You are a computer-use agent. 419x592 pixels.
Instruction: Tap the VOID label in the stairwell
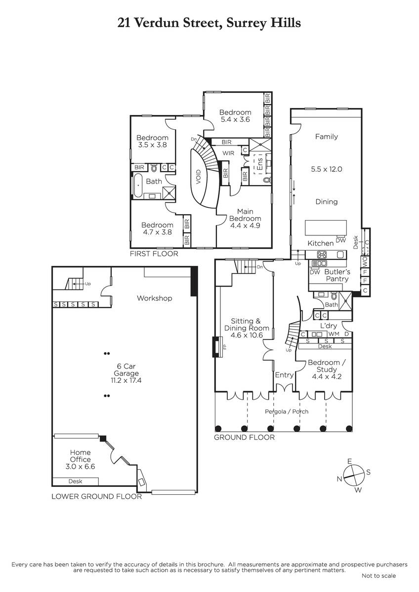(198, 177)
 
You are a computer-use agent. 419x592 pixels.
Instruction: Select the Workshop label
(155, 298)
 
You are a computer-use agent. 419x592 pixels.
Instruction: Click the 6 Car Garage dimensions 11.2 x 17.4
(126, 380)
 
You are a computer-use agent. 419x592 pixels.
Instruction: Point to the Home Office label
(80, 456)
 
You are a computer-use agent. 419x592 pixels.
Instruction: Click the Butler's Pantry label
(337, 275)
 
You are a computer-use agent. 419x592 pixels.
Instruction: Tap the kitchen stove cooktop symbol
(322, 255)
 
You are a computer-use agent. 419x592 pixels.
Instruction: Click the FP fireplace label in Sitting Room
(225, 347)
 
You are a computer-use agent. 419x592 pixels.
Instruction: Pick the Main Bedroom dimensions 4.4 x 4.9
(245, 226)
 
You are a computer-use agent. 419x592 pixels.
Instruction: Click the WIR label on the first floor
(228, 153)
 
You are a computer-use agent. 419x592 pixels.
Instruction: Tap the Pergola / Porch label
(287, 411)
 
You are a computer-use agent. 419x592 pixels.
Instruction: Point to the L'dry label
(329, 326)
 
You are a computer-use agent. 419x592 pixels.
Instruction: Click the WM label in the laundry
(334, 334)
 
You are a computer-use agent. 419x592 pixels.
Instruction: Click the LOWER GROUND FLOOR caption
(97, 496)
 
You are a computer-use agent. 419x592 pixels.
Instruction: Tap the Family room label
(327, 137)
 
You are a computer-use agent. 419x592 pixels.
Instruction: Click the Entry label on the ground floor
(284, 375)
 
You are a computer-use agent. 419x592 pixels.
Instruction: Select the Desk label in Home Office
(75, 481)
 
